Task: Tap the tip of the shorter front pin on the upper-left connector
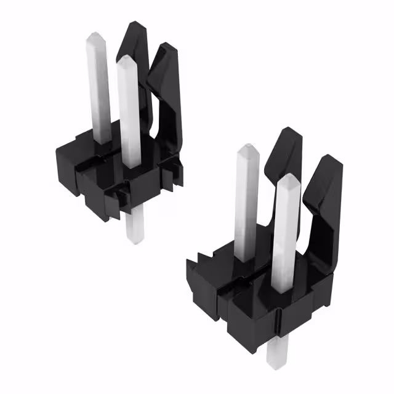126,60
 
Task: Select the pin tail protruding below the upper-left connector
133,228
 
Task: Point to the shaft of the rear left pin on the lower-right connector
246,203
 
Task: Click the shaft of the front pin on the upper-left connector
130,111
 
